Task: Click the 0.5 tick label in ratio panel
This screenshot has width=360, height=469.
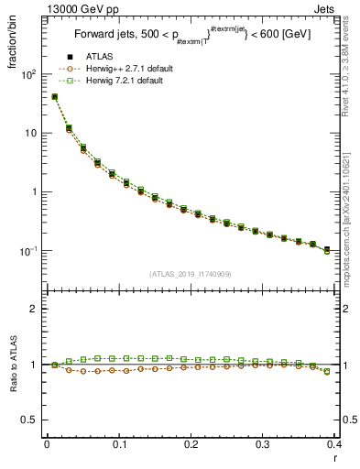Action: point(31,420)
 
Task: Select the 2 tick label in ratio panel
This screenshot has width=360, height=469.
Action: point(37,309)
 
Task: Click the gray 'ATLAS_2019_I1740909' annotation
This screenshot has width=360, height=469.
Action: point(190,274)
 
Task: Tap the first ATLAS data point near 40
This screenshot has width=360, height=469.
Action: point(54,97)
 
